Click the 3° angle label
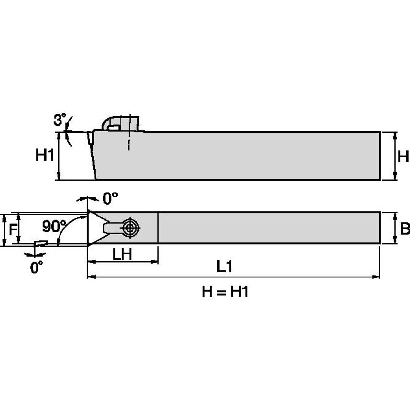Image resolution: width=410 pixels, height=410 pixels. [60, 120]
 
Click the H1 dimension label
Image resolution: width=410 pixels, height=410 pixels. [45, 156]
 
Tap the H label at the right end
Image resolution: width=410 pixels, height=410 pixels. [403, 156]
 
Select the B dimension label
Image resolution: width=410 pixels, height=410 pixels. [405, 229]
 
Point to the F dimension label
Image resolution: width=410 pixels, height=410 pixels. [13, 229]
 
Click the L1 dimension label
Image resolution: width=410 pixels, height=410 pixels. [224, 267]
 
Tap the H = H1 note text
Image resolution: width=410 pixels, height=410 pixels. [225, 291]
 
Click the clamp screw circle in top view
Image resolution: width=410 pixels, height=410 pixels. [130, 228]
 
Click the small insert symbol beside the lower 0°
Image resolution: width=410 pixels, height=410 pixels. [40, 243]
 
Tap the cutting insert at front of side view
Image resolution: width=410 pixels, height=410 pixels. [90, 138]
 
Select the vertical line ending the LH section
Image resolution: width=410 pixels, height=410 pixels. [158, 228]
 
